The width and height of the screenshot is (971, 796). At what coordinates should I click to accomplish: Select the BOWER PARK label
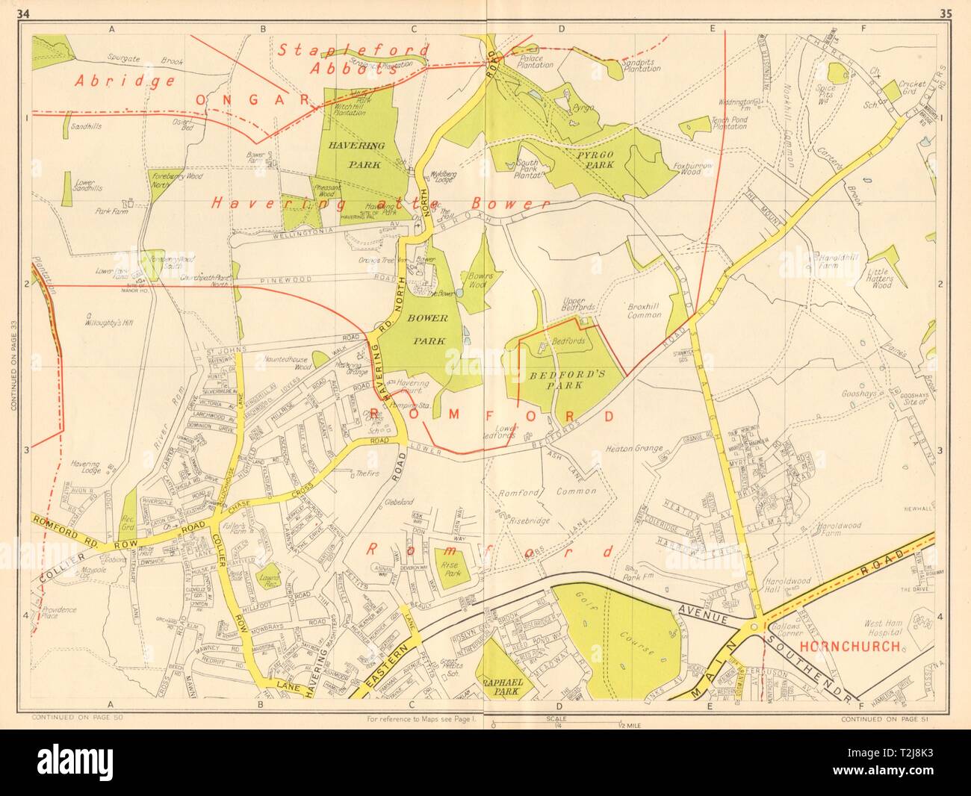point(427,329)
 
